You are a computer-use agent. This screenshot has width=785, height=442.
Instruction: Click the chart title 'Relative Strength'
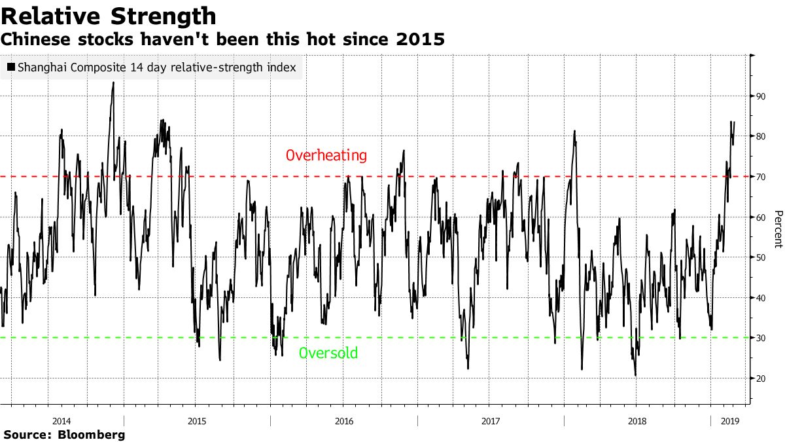109,16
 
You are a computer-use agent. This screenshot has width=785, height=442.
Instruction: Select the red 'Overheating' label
326,156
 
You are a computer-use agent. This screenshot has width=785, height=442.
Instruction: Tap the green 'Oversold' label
328,354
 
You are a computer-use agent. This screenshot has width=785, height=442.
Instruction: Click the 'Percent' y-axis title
777,229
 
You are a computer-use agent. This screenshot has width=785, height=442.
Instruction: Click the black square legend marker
10,67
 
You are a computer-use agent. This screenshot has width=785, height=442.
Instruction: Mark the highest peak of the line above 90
113,83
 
